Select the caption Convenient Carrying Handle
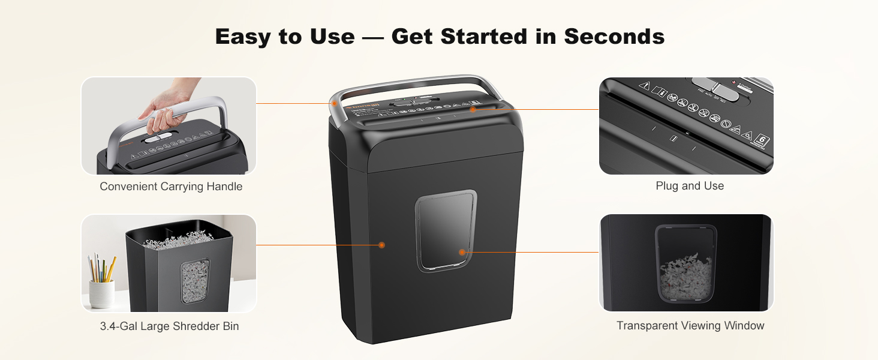pyautogui.click(x=171, y=187)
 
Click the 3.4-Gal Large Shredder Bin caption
pyautogui.click(x=169, y=326)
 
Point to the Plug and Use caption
pyautogui.click(x=690, y=186)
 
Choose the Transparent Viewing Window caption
pyautogui.click(x=690, y=326)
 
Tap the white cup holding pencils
pyautogui.click(x=101, y=293)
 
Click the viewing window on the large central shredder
pyautogui.click(x=446, y=230)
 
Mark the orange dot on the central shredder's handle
pyautogui.click(x=335, y=103)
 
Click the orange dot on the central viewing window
pyautogui.click(x=462, y=252)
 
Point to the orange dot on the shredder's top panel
pyautogui.click(x=473, y=109)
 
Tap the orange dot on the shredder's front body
pyautogui.click(x=381, y=245)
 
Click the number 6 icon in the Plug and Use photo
pyautogui.click(x=763, y=140)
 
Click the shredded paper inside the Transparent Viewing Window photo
pyautogui.click(x=686, y=277)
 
